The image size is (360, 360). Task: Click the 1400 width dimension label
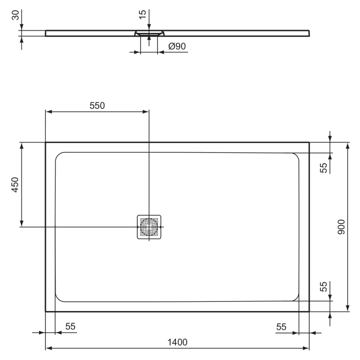pos(177,342)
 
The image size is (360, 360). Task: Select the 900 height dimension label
pos(341,227)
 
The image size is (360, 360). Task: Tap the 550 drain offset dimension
pos(97,106)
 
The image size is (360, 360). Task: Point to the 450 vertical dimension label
pos(15,185)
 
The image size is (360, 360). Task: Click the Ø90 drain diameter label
pos(177,47)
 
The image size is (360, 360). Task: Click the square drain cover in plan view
pos(149,227)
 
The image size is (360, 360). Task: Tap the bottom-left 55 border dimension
pos(70,327)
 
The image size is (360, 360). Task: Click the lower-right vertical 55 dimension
pos(324,286)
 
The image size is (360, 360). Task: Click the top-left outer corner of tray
pos(46,142)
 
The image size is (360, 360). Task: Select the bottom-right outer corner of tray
pos(309,312)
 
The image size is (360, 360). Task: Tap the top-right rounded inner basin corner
pos(296,156)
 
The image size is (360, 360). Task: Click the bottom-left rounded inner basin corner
pos(58,298)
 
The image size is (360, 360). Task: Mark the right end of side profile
pos(310,33)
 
